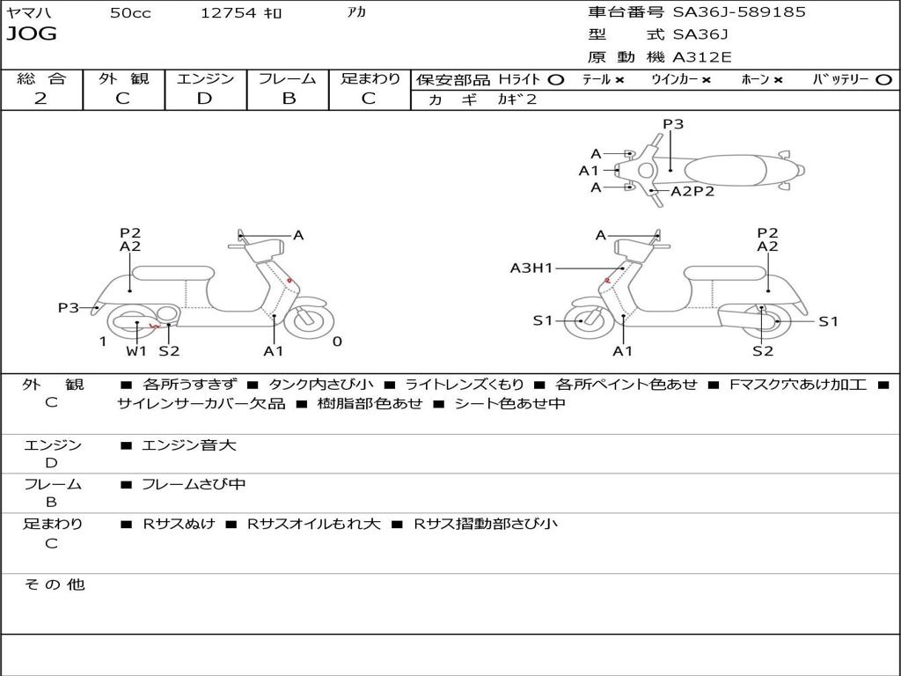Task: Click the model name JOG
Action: (x=32, y=34)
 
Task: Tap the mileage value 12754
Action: (x=228, y=13)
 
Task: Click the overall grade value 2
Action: (x=40, y=99)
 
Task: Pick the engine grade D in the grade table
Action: (x=205, y=99)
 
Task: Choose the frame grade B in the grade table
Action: (x=289, y=99)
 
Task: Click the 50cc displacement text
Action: (x=130, y=13)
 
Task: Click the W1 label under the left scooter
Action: (x=136, y=351)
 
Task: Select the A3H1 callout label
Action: (x=531, y=268)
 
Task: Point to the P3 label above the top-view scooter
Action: (x=673, y=124)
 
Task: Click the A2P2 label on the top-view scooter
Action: (x=692, y=191)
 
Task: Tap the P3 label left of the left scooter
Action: (x=69, y=307)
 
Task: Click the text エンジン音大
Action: (x=189, y=445)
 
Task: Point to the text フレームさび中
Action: (x=194, y=484)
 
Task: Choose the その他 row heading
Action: (x=54, y=584)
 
